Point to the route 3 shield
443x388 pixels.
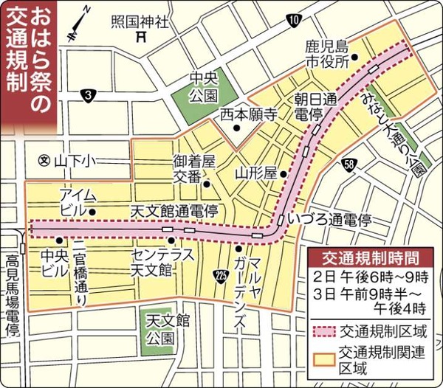pos(89,94)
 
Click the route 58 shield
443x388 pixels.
pos(348,164)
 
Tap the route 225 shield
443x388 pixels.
pos(219,274)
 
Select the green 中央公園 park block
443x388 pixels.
pos(202,87)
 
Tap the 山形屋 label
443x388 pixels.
pos(255,173)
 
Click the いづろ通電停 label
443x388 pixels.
pos(329,220)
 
